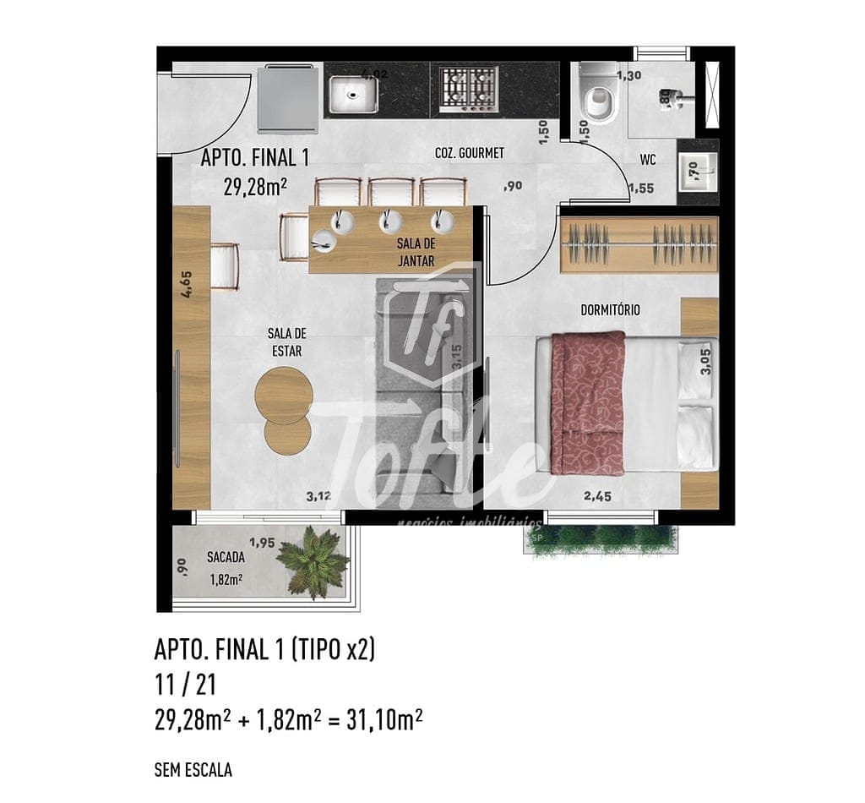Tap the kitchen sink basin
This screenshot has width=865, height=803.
[x=354, y=94]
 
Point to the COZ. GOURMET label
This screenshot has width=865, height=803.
[x=469, y=153]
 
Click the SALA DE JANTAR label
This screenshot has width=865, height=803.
[x=416, y=252]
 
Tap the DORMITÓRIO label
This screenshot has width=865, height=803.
[x=610, y=310]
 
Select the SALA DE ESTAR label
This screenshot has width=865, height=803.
[x=286, y=341]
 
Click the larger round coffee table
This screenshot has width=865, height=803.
[x=284, y=396]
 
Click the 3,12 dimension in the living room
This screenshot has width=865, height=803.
[x=318, y=497]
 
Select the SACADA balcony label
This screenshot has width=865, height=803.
[x=226, y=558]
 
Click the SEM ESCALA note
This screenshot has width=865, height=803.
[x=193, y=770]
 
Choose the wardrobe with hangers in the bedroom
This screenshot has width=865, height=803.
[x=639, y=245]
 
